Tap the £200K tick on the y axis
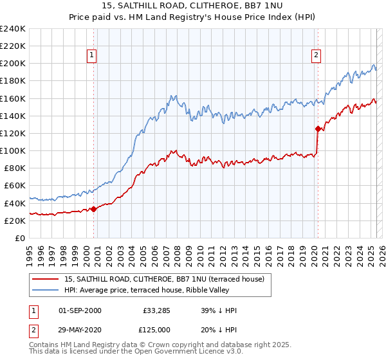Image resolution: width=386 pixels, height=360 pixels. point(12,64)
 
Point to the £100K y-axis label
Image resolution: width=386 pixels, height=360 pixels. point(12,150)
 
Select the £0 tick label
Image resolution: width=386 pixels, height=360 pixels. point(21,238)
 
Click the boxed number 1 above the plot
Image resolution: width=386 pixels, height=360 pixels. point(93,56)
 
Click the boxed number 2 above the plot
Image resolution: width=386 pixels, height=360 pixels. point(317,56)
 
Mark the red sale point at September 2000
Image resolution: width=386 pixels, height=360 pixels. point(93,208)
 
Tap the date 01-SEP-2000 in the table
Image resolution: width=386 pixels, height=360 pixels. point(80,310)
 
